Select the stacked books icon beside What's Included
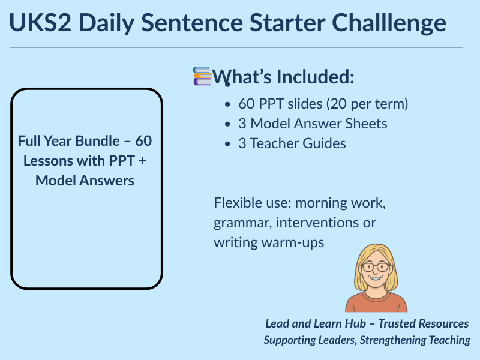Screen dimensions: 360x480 coord(202,76)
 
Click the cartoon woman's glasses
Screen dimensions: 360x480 coord(375,268)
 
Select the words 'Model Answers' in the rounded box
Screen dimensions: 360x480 coord(85,180)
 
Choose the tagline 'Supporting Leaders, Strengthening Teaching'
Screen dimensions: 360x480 coord(367,340)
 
